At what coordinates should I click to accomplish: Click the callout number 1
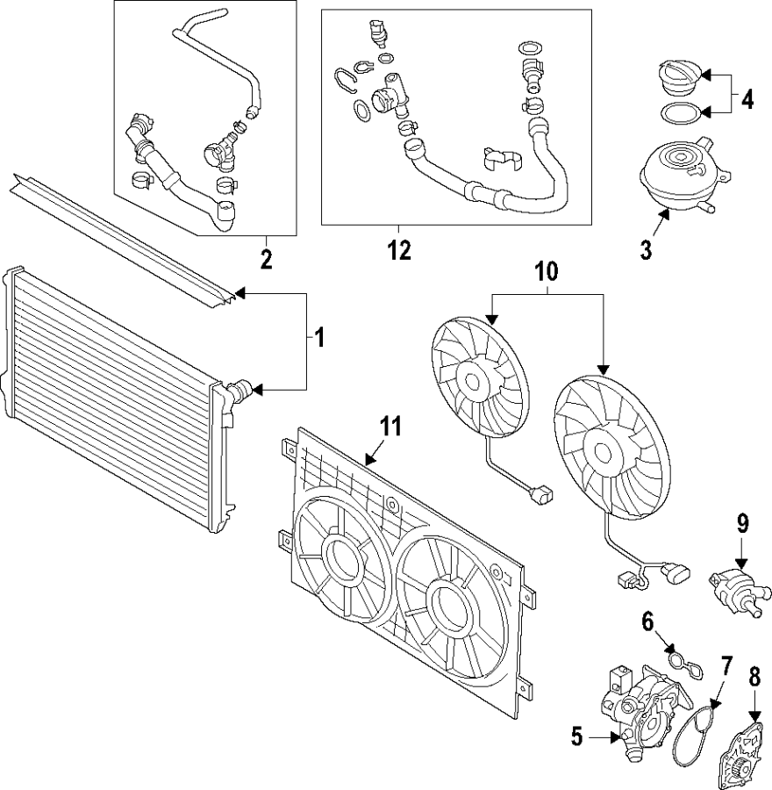click(319, 336)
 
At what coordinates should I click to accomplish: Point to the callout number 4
click(747, 98)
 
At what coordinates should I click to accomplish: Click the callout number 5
click(576, 736)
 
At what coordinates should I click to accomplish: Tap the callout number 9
click(742, 525)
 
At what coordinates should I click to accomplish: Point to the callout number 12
click(399, 250)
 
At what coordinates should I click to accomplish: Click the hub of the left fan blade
click(473, 380)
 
